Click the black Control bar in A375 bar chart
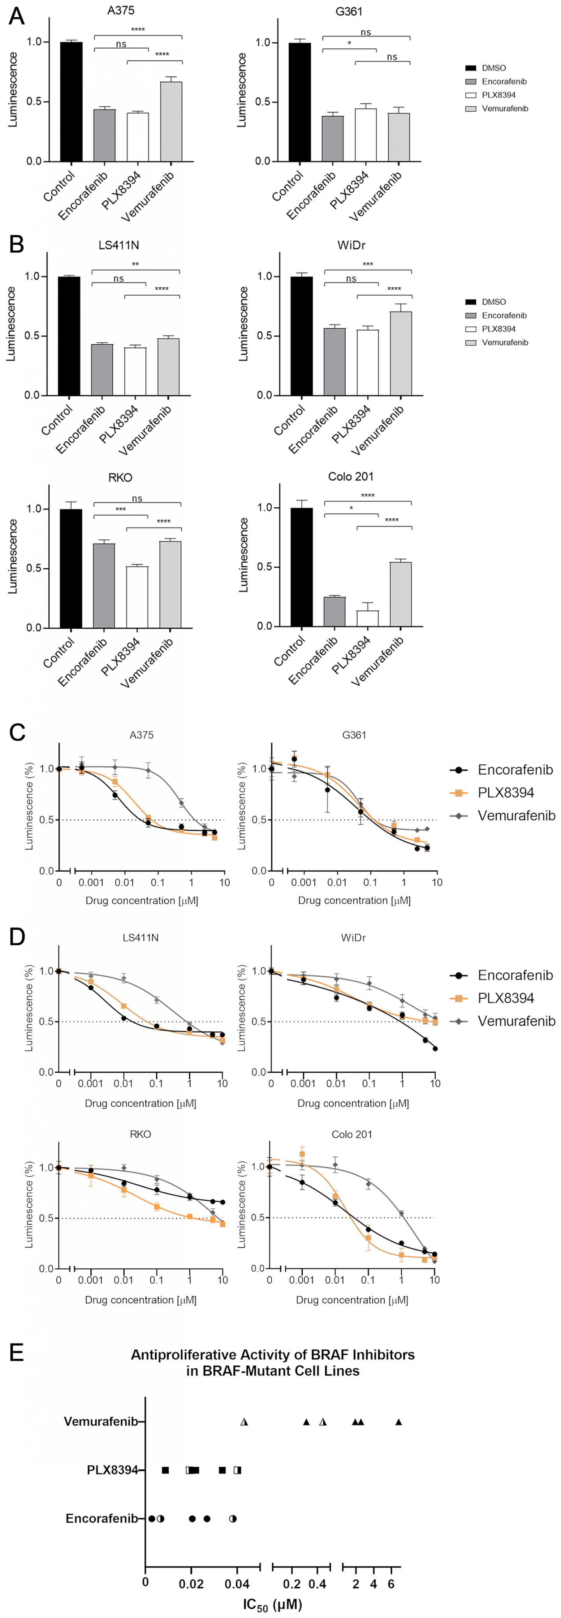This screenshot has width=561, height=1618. [x=71, y=102]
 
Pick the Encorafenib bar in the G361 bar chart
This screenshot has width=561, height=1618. [x=332, y=138]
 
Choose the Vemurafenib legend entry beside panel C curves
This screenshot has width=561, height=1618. [x=516, y=815]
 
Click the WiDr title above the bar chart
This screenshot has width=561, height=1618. [x=351, y=245]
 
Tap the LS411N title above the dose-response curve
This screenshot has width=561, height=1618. [x=140, y=938]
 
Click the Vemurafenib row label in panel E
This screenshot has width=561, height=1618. [x=101, y=1421]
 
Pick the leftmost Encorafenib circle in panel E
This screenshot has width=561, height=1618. [x=152, y=1519]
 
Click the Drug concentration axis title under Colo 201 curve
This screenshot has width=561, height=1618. [x=352, y=1300]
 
